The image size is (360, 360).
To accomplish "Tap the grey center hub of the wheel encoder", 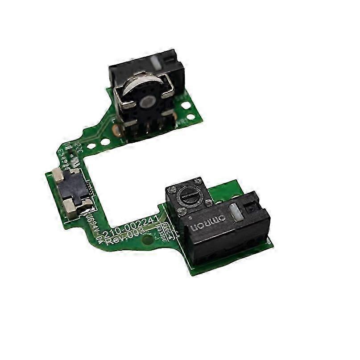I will tap(145, 102).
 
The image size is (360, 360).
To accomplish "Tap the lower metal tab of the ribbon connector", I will tap(77, 205).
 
